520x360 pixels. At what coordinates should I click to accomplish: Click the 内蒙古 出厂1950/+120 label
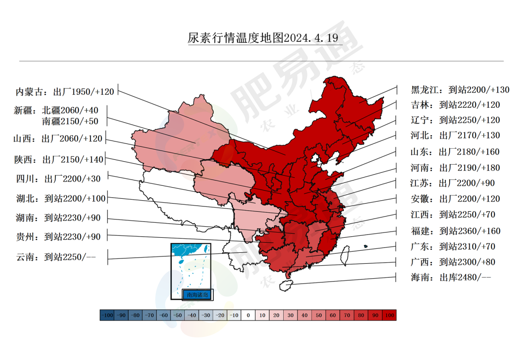65,91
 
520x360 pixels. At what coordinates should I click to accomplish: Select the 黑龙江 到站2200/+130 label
460,90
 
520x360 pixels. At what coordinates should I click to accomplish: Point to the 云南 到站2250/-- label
56,257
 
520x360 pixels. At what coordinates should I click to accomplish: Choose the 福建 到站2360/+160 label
455,231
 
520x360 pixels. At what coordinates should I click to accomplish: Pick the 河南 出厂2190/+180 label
455,168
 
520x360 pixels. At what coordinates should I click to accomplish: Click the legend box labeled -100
107,315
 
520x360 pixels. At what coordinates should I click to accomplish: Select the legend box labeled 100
389,315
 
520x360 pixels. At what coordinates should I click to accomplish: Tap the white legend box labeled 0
248,315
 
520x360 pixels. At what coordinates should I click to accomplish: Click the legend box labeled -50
178,315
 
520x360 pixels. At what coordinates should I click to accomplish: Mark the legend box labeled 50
318,315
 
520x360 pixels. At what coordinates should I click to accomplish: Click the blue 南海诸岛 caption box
197,294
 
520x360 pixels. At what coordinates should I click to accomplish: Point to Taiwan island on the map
345,256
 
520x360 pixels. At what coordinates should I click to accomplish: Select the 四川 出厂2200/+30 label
58,179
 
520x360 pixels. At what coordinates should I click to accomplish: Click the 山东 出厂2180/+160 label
455,152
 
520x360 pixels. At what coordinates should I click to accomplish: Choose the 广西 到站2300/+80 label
453,262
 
